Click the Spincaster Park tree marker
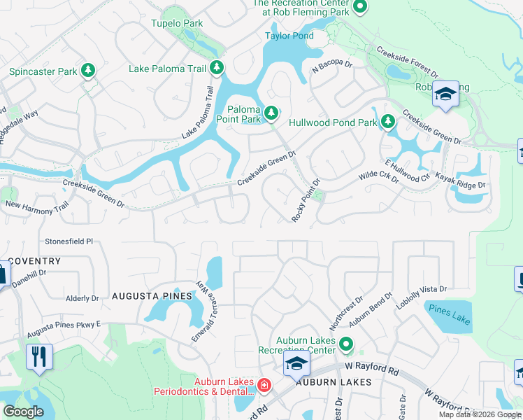coord(88,71)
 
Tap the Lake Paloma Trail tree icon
coord(217,68)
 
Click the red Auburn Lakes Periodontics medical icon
coord(264,384)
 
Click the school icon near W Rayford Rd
coord(296,363)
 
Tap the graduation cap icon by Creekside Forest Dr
coord(445,93)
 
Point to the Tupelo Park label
coord(177,23)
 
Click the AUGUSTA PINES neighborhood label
coord(152,297)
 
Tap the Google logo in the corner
coord(23,412)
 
